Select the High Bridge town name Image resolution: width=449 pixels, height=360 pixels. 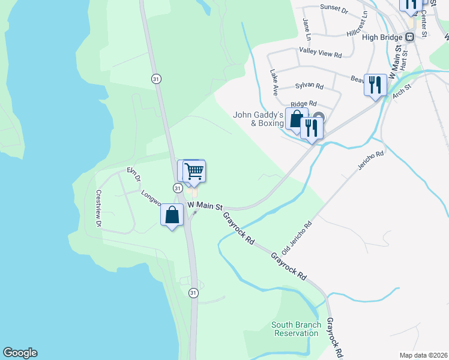tap(383, 37)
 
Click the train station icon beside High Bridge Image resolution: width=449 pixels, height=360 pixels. tap(410, 37)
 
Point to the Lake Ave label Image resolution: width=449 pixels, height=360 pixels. tap(274, 83)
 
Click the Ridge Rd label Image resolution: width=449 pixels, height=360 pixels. tap(303, 104)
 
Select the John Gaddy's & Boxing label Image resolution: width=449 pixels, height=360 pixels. tap(258, 119)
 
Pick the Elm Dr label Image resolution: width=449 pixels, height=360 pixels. tap(133, 175)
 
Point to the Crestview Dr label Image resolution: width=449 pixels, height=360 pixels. tap(98, 208)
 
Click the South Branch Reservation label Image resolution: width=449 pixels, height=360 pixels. tap(295, 329)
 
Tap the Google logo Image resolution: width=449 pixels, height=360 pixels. tap(20, 353)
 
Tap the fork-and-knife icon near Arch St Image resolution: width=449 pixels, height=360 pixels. tap(375, 84)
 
